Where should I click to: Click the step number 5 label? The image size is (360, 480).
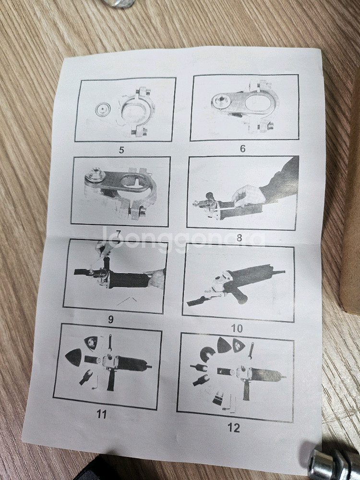[121, 150]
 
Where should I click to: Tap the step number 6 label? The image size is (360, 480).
[242, 149]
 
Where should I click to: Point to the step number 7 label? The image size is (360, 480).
[118, 234]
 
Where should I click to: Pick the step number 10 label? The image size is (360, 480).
[237, 329]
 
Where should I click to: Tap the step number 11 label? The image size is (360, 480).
[102, 414]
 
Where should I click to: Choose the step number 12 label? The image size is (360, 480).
[234, 428]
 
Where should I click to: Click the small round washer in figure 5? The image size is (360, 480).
[102, 110]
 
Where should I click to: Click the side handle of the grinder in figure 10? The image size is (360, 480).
[239, 294]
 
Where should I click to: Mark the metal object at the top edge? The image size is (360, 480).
[120, 3]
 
